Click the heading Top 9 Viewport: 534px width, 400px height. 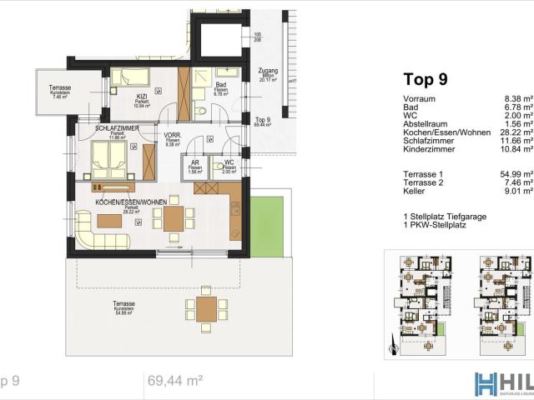point(426,80)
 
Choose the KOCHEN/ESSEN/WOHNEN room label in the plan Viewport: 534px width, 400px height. point(131,202)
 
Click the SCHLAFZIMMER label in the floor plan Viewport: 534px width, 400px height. point(117,128)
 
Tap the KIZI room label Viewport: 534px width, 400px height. point(142,97)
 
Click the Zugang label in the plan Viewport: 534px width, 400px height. point(267,71)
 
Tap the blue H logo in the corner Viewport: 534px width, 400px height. point(486,384)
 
